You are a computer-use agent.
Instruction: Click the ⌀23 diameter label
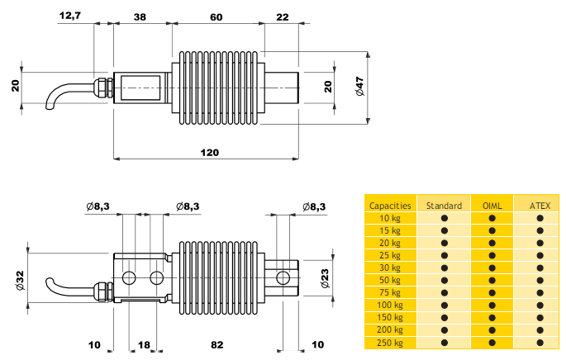click(x=325, y=277)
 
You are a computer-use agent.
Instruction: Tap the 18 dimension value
click(x=144, y=343)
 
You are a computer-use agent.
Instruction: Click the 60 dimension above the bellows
click(x=217, y=15)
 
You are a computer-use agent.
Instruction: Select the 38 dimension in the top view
click(x=140, y=15)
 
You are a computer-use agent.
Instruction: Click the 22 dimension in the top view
click(x=283, y=15)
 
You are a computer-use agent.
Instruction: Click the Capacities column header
click(x=391, y=205)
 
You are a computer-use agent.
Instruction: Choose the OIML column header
click(x=492, y=205)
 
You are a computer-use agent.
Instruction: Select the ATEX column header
click(x=540, y=205)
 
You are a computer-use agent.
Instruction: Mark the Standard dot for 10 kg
click(x=444, y=218)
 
